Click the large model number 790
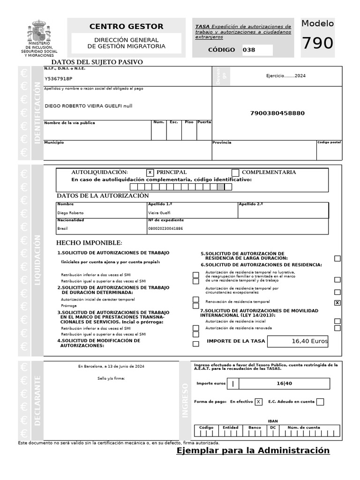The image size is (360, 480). click(x=317, y=44)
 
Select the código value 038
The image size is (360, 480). click(x=249, y=50)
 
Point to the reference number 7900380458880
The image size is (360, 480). click(x=277, y=113)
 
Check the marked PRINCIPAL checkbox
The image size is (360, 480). click(x=150, y=172)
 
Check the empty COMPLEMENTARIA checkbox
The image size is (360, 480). click(x=235, y=172)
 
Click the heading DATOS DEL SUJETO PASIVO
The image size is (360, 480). click(x=97, y=62)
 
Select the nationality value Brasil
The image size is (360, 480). click(x=62, y=229)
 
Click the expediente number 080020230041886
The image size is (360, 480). click(x=165, y=229)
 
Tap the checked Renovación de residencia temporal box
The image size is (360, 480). click(x=337, y=303)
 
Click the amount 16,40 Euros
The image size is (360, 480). click(x=309, y=341)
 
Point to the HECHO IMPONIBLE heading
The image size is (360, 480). click(x=89, y=243)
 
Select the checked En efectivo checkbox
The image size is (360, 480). click(x=258, y=402)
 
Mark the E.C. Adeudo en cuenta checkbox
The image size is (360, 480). click(x=320, y=402)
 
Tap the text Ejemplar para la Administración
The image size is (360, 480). click(x=253, y=450)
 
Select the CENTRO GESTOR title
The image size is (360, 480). click(x=126, y=27)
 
